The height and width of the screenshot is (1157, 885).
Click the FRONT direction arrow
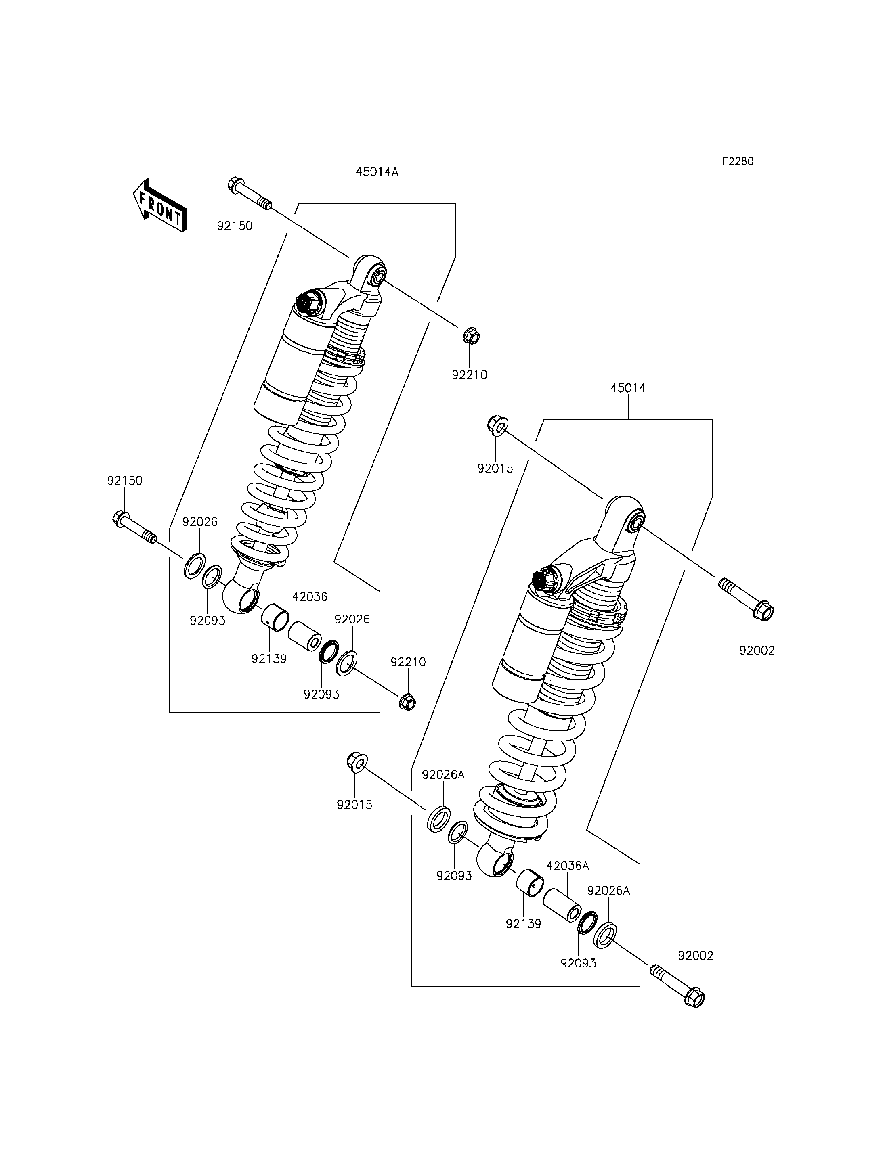159,205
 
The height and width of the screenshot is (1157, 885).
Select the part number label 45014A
377,172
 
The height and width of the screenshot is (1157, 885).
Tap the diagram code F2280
738,162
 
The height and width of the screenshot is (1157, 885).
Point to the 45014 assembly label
628,388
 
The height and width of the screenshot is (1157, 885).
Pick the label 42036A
567,866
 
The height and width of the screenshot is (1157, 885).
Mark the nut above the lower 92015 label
357,762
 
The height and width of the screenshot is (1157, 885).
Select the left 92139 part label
268,659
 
